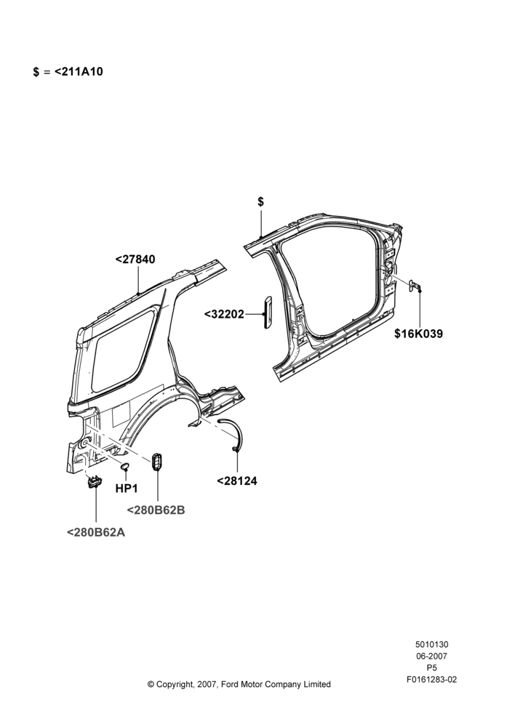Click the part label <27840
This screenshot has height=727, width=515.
click(x=135, y=260)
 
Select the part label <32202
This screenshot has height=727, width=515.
click(x=224, y=314)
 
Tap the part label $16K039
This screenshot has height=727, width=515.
click(x=418, y=334)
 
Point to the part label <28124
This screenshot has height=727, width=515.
click(x=236, y=481)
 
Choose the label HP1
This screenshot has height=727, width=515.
click(x=126, y=489)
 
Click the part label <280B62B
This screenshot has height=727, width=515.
click(x=156, y=510)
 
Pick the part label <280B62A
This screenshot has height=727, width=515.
click(x=96, y=532)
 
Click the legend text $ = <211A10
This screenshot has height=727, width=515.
click(x=68, y=72)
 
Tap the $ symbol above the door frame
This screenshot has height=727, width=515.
click(x=260, y=201)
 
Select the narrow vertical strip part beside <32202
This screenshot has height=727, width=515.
click(x=268, y=312)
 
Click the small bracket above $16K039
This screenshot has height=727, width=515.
click(x=415, y=286)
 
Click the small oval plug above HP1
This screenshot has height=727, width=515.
click(x=125, y=466)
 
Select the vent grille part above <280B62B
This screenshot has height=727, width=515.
click(x=156, y=462)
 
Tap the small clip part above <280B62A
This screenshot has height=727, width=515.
click(x=94, y=482)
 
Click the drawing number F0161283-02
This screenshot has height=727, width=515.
click(x=431, y=680)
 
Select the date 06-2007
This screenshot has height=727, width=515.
click(x=431, y=656)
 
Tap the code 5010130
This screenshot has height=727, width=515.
click(x=431, y=644)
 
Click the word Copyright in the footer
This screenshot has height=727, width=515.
click(x=175, y=684)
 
